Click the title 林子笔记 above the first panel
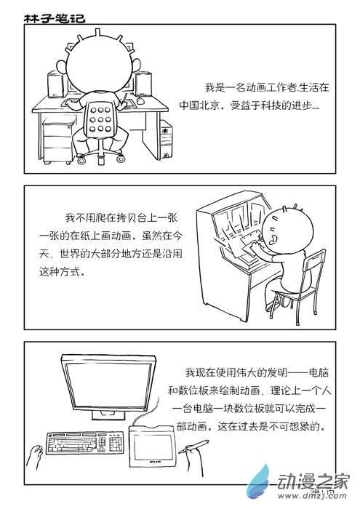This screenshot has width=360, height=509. coord(55,18)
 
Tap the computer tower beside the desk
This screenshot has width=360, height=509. coord(166,140)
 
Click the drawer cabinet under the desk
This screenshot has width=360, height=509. coord(58,140)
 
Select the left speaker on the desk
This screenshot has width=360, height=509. coord(56,84)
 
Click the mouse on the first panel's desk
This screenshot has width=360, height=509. coord(140,101)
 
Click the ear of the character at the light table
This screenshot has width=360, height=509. coord(273,239)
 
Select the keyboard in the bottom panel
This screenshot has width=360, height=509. coord(85,442)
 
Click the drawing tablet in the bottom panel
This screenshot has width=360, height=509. coord(152,446)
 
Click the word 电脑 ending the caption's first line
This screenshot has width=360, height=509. coord(319,372)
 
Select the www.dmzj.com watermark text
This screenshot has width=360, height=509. coord(312,496)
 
